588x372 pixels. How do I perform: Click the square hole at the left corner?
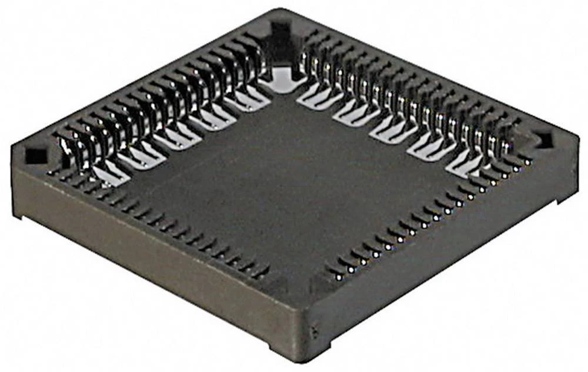pyautogui.click(x=35, y=155)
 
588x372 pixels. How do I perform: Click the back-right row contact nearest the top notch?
pyautogui.click(x=309, y=59)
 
